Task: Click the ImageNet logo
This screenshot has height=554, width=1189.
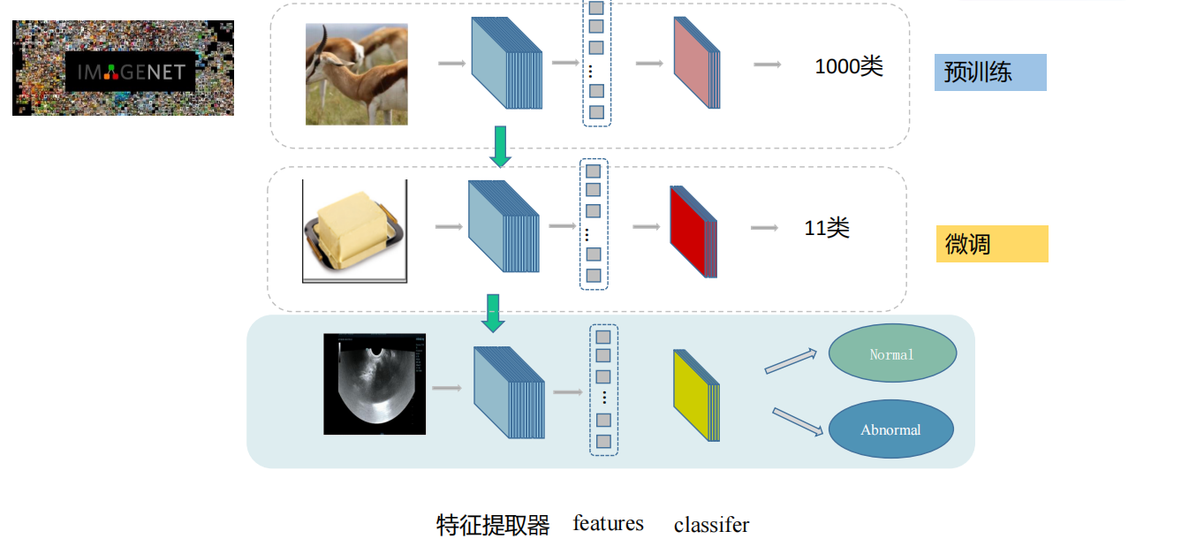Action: tap(123, 68)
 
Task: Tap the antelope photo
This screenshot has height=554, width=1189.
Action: tap(357, 74)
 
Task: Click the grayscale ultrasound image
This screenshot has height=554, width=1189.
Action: tap(375, 384)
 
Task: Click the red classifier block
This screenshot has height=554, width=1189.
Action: tap(693, 231)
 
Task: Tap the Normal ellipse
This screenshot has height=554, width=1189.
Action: tap(892, 353)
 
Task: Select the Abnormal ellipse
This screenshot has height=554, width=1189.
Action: tap(890, 430)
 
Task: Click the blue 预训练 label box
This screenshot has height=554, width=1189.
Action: tap(990, 72)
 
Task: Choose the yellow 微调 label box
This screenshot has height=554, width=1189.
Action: tap(992, 244)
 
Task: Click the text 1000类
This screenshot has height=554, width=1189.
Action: tap(849, 66)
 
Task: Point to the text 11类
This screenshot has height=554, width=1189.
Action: tap(827, 228)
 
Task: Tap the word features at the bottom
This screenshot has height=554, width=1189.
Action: tap(608, 523)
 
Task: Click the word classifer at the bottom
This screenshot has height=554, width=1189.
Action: tap(711, 525)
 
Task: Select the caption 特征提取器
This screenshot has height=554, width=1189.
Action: tap(493, 525)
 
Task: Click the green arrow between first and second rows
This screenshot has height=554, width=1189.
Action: tap(500, 146)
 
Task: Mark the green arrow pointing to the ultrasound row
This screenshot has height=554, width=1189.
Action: tap(493, 313)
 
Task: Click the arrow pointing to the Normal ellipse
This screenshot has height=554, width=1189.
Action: tap(791, 360)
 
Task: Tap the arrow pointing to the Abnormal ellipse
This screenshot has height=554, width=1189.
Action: tap(798, 421)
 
